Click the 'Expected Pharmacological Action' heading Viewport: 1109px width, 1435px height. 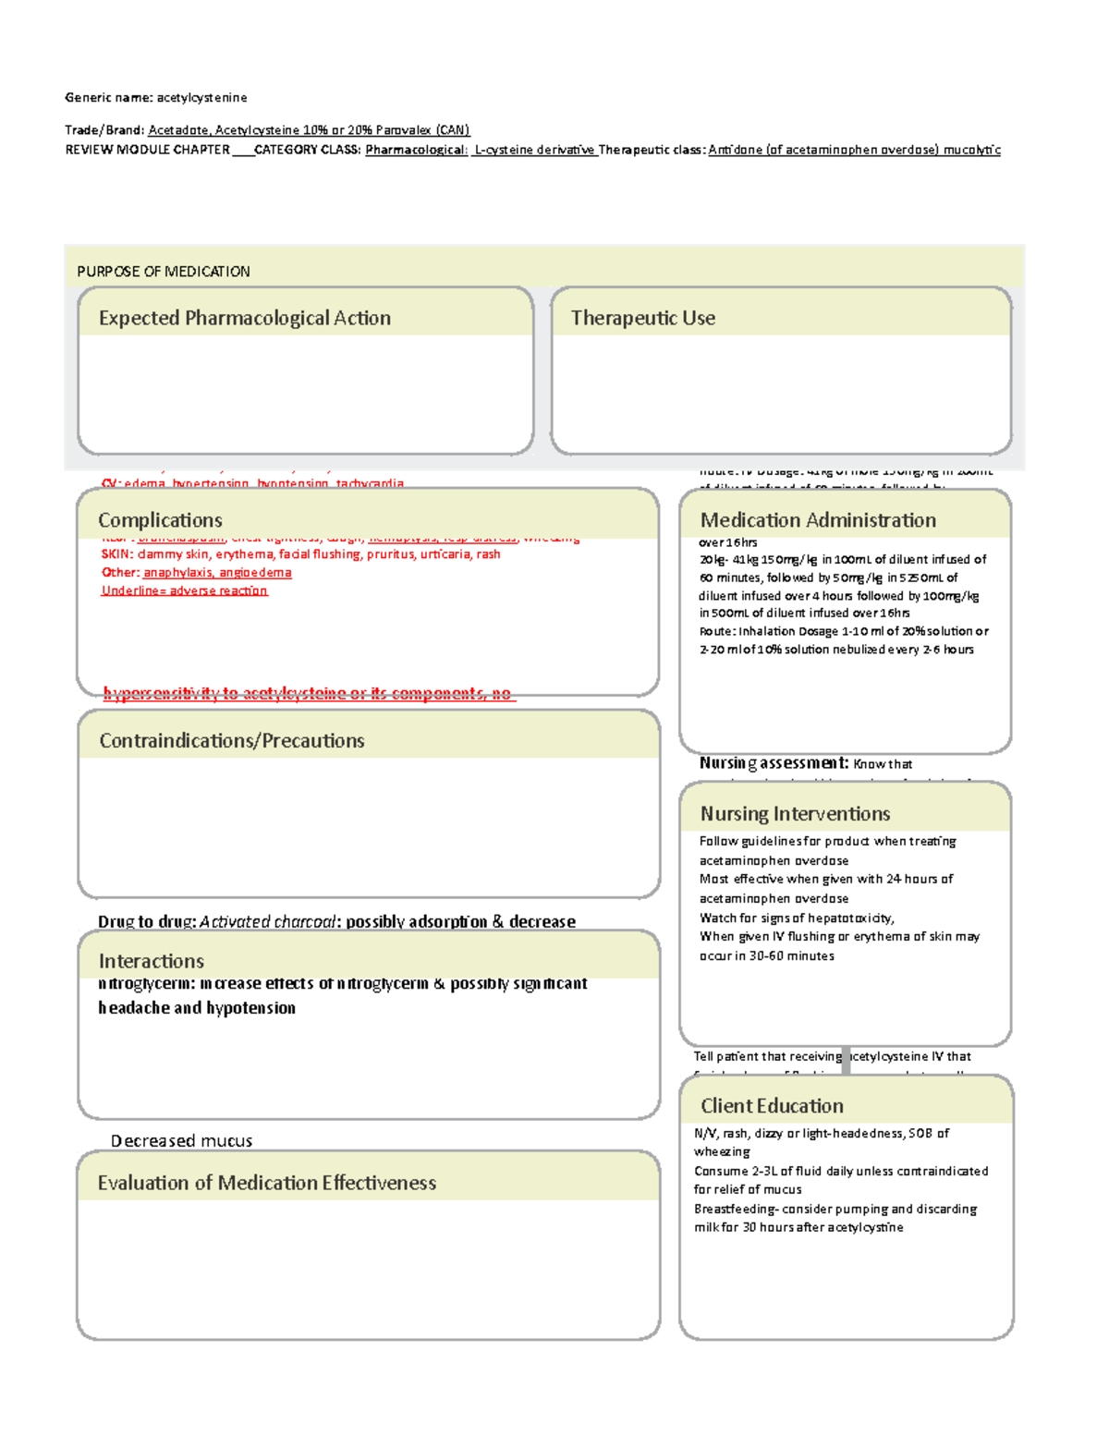point(244,318)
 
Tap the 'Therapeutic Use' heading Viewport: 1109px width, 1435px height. point(642,318)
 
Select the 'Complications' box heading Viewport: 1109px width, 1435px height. point(160,520)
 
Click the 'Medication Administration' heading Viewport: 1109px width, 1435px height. point(817,520)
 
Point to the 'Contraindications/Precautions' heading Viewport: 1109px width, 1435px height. point(231,741)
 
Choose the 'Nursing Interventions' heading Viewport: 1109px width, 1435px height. point(795,814)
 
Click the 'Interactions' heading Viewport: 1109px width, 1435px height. point(151,961)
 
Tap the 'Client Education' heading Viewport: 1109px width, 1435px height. point(772,1106)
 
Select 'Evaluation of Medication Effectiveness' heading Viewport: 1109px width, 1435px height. point(266,1183)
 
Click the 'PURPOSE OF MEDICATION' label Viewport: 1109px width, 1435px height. point(163,272)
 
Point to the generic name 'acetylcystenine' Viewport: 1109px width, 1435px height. point(201,98)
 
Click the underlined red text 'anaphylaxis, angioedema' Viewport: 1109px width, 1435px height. point(217,573)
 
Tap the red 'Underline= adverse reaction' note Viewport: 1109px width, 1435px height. point(184,590)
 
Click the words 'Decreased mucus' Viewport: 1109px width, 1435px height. point(181,1141)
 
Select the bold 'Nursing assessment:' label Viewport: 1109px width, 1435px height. point(774,763)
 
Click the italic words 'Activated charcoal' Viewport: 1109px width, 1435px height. point(267,922)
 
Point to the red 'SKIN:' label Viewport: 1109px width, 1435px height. point(117,554)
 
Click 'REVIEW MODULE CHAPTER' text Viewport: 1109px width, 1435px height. point(147,150)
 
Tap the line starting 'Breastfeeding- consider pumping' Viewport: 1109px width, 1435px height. point(835,1209)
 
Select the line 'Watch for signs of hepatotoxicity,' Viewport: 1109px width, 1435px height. point(796,918)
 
